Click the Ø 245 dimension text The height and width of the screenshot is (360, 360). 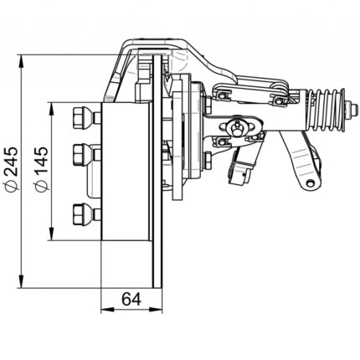click(x=13, y=170)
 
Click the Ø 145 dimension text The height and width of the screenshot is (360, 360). click(x=41, y=170)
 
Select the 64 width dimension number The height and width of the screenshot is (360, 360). click(x=131, y=299)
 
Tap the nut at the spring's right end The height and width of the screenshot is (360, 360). click(x=352, y=110)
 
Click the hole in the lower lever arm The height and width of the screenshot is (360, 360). click(x=310, y=183)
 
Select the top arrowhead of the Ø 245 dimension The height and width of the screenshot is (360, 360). click(x=21, y=61)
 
